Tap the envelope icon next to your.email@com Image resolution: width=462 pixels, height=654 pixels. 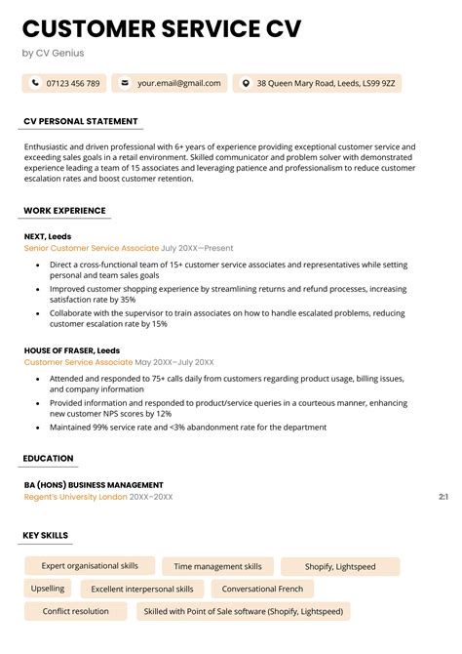[x=124, y=84]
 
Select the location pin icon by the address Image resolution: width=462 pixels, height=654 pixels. [x=245, y=84]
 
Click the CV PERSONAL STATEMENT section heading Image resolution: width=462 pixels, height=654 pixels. [x=82, y=121]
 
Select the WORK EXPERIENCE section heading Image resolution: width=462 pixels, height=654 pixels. [x=65, y=211]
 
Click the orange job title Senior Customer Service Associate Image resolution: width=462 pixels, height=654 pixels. [x=91, y=249]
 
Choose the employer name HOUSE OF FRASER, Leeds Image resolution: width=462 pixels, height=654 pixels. [x=72, y=350]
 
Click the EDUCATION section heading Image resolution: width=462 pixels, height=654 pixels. [x=49, y=459]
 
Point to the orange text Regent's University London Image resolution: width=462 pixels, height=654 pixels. [x=75, y=497]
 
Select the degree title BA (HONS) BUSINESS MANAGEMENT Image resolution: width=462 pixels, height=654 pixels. [x=94, y=485]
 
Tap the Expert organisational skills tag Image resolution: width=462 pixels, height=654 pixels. [x=89, y=566]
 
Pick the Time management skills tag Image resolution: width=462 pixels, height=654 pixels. [x=218, y=566]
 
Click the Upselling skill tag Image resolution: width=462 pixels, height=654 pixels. [x=48, y=589]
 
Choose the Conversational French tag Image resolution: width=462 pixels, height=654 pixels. [x=263, y=590]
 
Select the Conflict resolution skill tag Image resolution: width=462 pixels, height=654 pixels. [x=76, y=612]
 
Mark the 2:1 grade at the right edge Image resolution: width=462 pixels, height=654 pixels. [x=443, y=497]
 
